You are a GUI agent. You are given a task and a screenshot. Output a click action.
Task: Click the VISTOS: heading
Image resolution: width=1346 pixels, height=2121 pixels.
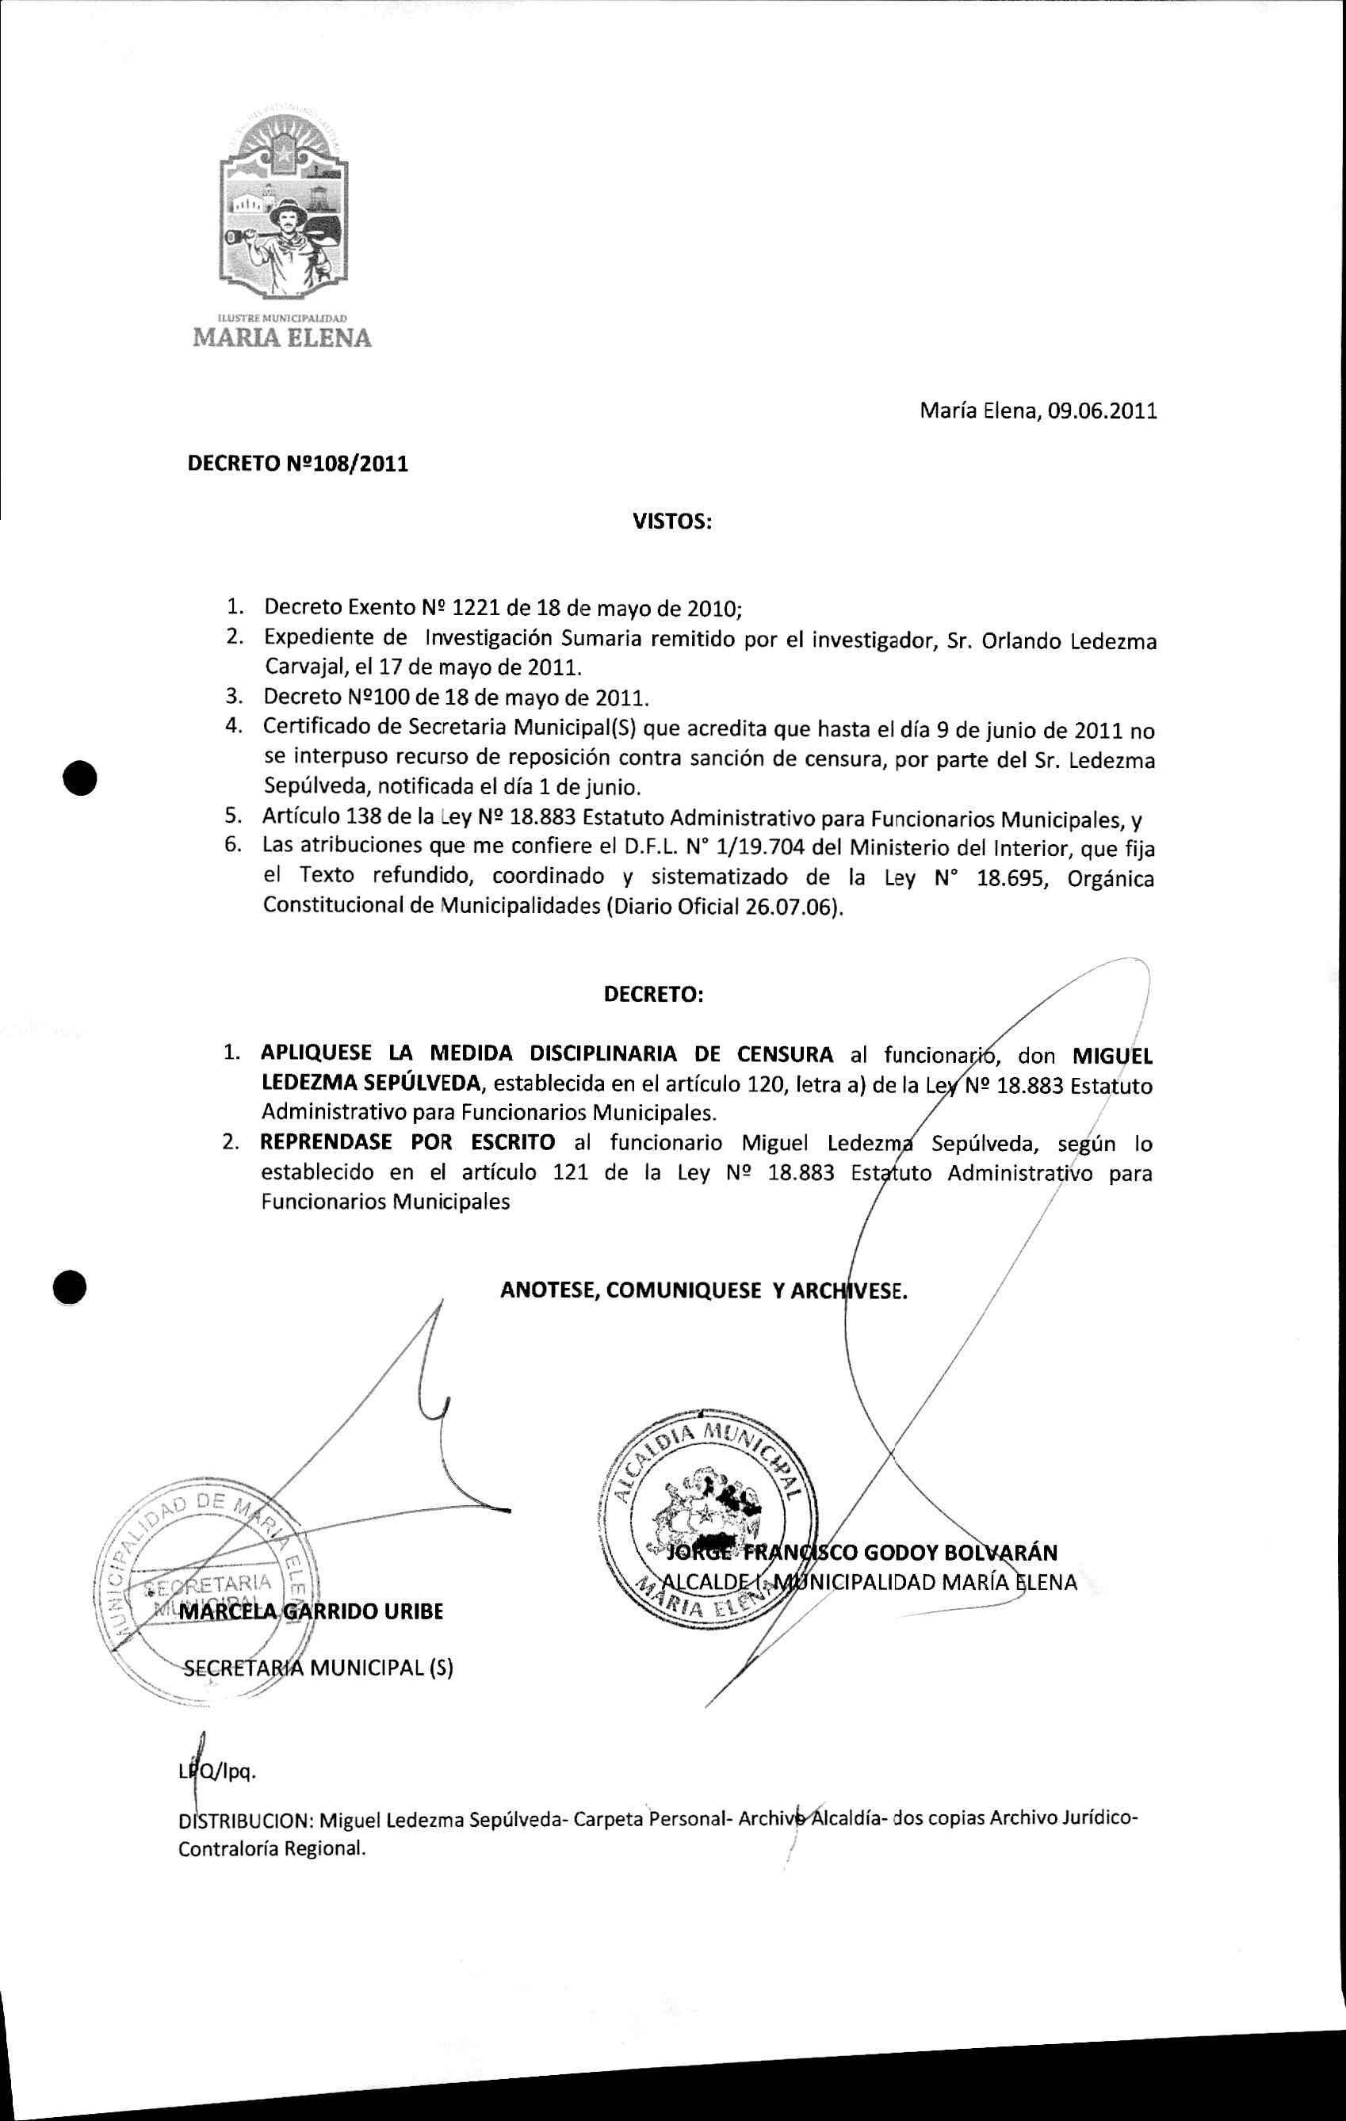(x=671, y=522)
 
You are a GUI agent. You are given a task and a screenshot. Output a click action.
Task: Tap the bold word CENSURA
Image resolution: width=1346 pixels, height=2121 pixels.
(x=785, y=1054)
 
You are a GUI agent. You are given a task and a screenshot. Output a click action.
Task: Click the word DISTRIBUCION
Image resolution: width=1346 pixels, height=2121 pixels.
(x=243, y=1820)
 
